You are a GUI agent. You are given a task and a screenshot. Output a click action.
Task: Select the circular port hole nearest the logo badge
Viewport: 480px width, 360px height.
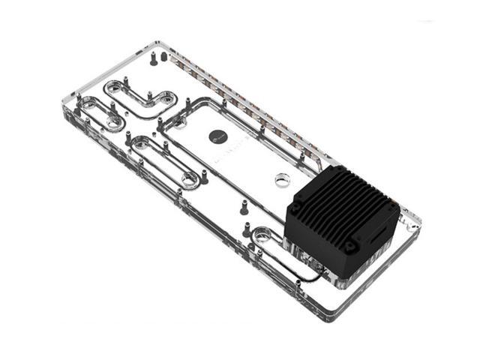pos(282,179)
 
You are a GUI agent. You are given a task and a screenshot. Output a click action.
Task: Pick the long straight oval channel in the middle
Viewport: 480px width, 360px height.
pos(168,157)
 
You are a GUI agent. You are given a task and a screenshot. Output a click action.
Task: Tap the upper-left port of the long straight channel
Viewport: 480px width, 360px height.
pos(139,139)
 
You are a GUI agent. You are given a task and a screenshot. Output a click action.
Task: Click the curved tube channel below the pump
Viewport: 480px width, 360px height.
pos(300,266)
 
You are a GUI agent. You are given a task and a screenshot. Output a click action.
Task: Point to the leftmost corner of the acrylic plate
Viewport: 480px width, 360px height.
pos(61,112)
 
